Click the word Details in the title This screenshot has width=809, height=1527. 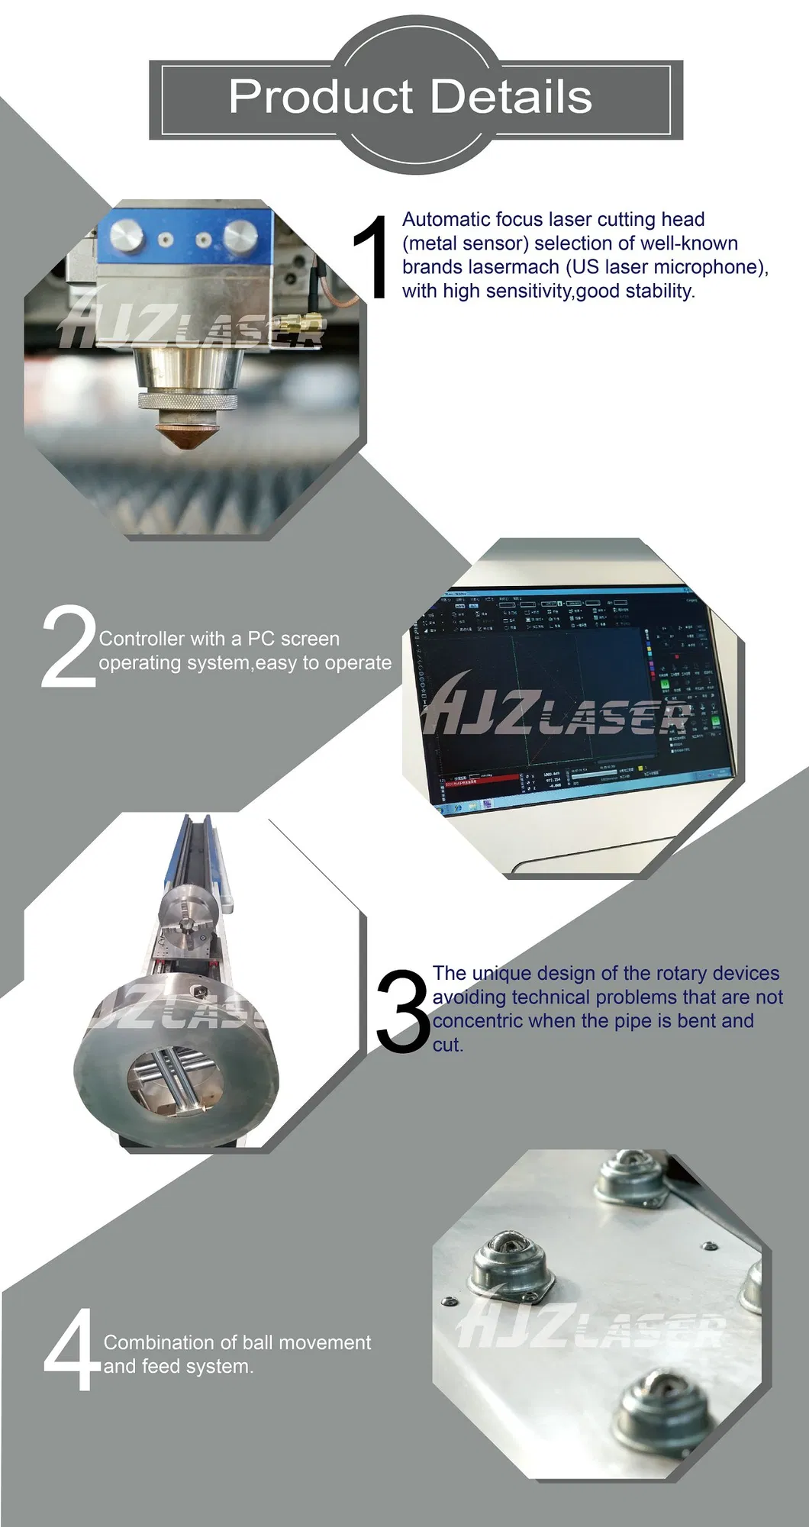click(x=512, y=98)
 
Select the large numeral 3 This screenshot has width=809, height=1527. click(x=402, y=1011)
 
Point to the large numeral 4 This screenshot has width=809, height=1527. click(x=70, y=1351)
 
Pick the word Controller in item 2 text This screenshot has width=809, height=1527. click(x=141, y=639)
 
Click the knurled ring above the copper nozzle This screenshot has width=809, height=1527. click(x=188, y=402)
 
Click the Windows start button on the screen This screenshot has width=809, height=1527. click(x=445, y=807)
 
